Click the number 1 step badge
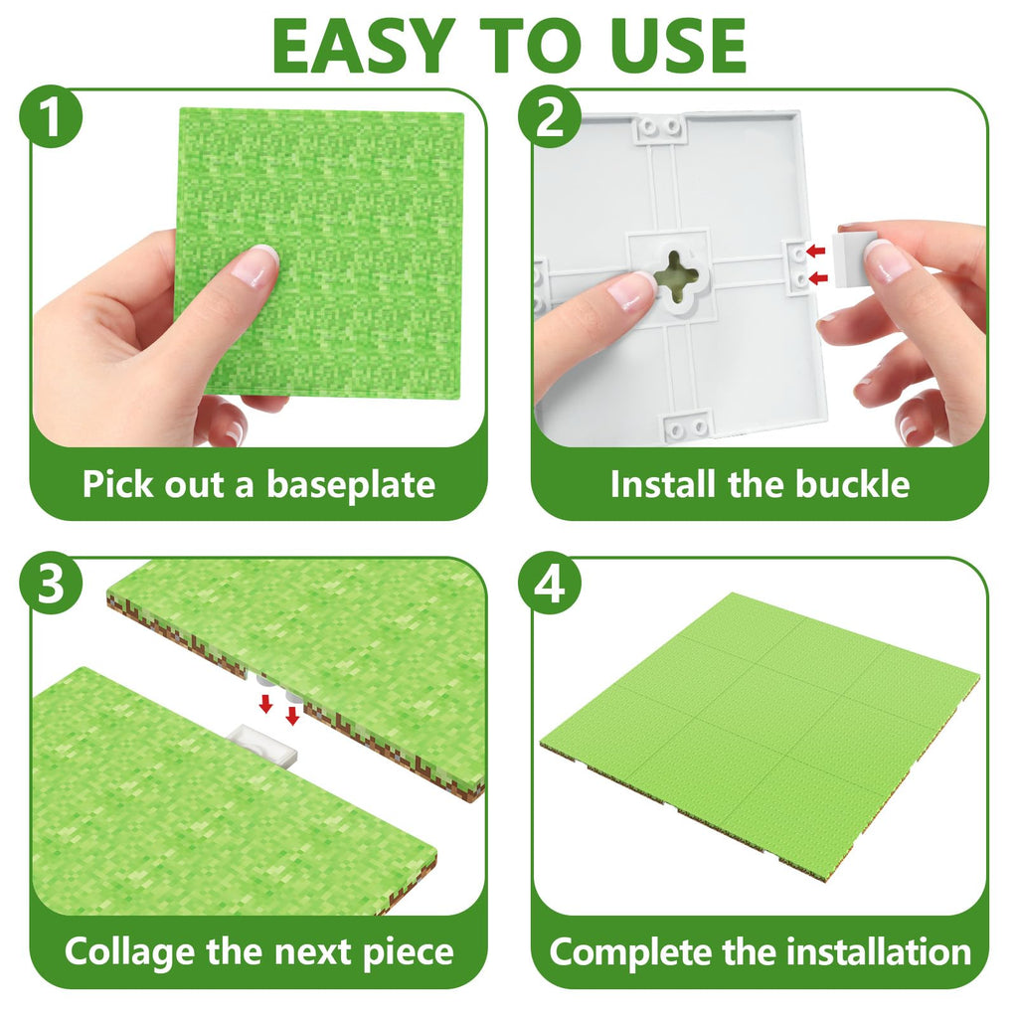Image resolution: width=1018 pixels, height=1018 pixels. (52, 117)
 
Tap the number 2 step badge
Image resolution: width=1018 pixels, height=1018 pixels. (549, 117)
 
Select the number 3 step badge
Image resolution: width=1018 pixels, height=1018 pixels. (52, 583)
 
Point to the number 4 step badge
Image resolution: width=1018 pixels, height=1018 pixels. (549, 583)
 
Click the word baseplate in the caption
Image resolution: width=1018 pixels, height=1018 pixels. (351, 485)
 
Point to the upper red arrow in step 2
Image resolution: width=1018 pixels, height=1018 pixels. (815, 251)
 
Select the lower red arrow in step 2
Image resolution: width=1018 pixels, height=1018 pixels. (819, 278)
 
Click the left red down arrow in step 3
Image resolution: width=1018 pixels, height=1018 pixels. (264, 703)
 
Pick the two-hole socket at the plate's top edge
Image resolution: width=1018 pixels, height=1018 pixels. (660, 127)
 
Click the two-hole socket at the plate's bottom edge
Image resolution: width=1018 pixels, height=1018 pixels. (688, 426)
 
